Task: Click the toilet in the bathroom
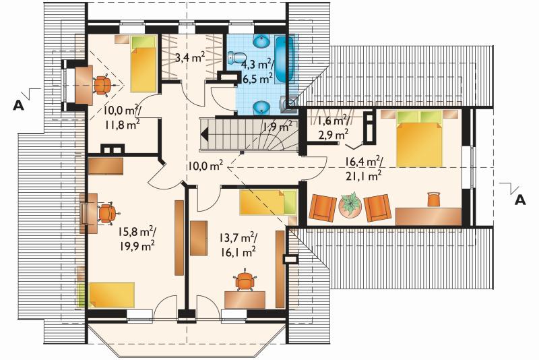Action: point(236,57)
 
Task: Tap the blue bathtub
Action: point(285,59)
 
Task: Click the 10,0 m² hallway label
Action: point(205,166)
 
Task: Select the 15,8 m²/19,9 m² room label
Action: point(137,238)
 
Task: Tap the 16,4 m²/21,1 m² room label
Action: point(364,168)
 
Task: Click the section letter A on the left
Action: point(19,105)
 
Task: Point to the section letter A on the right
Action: point(520,200)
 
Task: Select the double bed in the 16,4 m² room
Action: point(419,138)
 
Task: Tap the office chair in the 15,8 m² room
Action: point(107,213)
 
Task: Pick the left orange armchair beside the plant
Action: point(323,207)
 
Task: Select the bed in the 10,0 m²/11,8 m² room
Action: point(144,63)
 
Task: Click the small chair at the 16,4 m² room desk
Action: point(434,199)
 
